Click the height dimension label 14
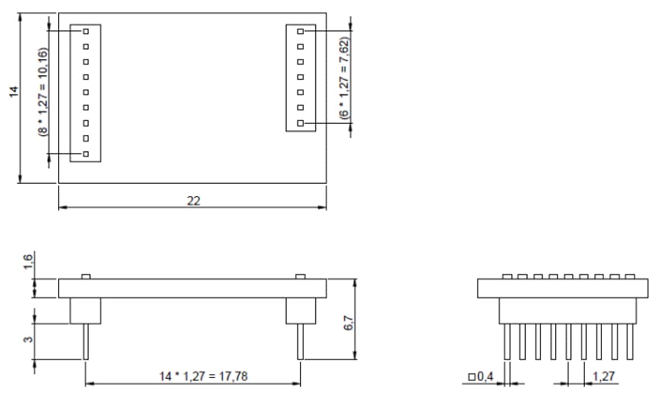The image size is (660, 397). click(14, 91)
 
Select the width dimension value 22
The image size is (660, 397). click(193, 201)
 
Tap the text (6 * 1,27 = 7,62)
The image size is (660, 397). click(344, 78)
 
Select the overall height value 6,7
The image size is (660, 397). click(348, 318)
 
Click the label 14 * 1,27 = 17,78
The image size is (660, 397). click(192, 377)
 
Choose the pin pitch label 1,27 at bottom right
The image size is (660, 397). click(603, 377)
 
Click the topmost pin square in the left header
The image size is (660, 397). click(86, 32)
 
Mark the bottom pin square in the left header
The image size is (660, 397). click(86, 154)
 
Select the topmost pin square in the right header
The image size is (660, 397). click(300, 32)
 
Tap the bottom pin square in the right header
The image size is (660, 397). click(300, 124)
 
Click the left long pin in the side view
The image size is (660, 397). click(86, 341)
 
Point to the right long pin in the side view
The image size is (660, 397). click(300, 341)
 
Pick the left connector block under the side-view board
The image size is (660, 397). click(86, 310)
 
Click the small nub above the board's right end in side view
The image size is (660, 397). click(300, 276)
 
